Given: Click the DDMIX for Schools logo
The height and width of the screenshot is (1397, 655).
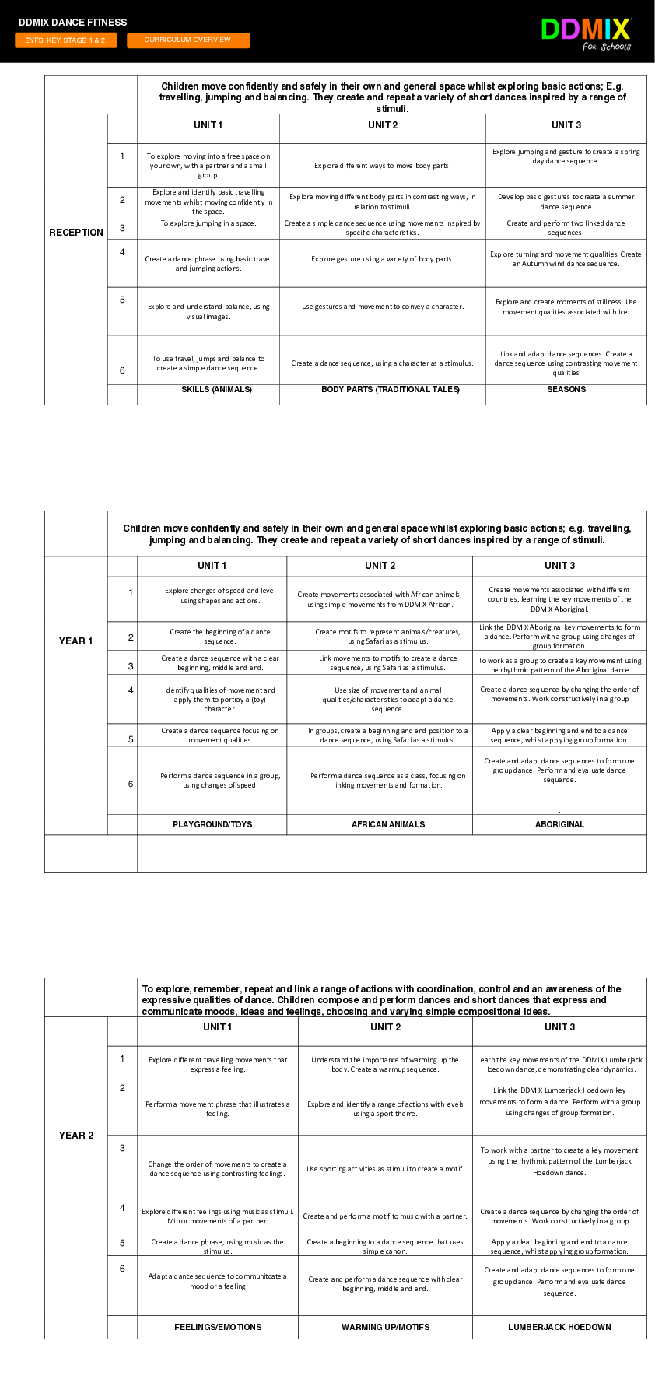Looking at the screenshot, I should tap(587, 33).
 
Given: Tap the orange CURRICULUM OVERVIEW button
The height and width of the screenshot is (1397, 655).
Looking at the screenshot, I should tap(188, 40).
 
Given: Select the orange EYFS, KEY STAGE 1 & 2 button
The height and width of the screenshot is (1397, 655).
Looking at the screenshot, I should tap(65, 40).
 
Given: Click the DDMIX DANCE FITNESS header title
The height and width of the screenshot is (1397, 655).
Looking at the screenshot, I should tap(73, 23).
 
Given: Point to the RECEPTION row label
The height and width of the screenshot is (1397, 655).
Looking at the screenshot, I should tap(76, 233).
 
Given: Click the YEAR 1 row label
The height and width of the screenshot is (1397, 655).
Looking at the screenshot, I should tap(76, 641).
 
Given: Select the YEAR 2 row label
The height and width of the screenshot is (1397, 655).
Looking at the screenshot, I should tap(76, 1136).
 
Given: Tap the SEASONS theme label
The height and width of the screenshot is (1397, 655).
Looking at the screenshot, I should tap(566, 389).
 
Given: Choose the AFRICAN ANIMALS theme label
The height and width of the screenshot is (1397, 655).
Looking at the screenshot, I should tap(388, 824).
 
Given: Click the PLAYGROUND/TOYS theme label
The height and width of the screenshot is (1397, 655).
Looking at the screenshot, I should tap(212, 824).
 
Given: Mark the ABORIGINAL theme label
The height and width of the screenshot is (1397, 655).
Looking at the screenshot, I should tap(559, 824).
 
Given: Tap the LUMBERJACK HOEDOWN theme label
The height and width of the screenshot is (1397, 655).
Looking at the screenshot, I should tap(559, 1327).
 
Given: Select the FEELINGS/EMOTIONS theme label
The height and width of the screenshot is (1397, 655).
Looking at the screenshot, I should tap(218, 1327).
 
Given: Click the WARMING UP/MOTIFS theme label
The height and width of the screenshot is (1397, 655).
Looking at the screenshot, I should tap(385, 1327).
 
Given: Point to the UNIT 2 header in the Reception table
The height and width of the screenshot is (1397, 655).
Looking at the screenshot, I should tap(383, 125).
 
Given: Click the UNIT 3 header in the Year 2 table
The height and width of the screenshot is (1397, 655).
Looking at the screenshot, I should tap(559, 1027).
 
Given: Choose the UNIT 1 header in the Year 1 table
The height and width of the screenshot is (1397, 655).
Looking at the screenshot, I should tap(212, 566).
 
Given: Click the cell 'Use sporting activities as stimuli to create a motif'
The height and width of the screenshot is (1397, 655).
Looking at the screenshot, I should tap(385, 1169).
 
